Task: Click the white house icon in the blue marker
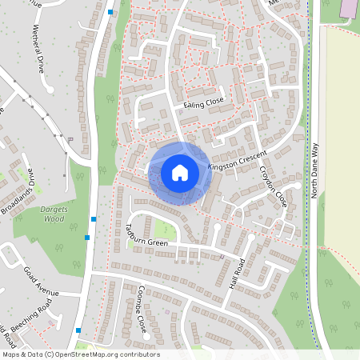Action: click(x=180, y=172)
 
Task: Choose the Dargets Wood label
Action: click(x=52, y=214)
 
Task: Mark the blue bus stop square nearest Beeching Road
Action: click(x=78, y=330)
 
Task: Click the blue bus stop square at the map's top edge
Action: click(x=110, y=12)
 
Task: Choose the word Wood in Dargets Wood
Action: click(x=53, y=218)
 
